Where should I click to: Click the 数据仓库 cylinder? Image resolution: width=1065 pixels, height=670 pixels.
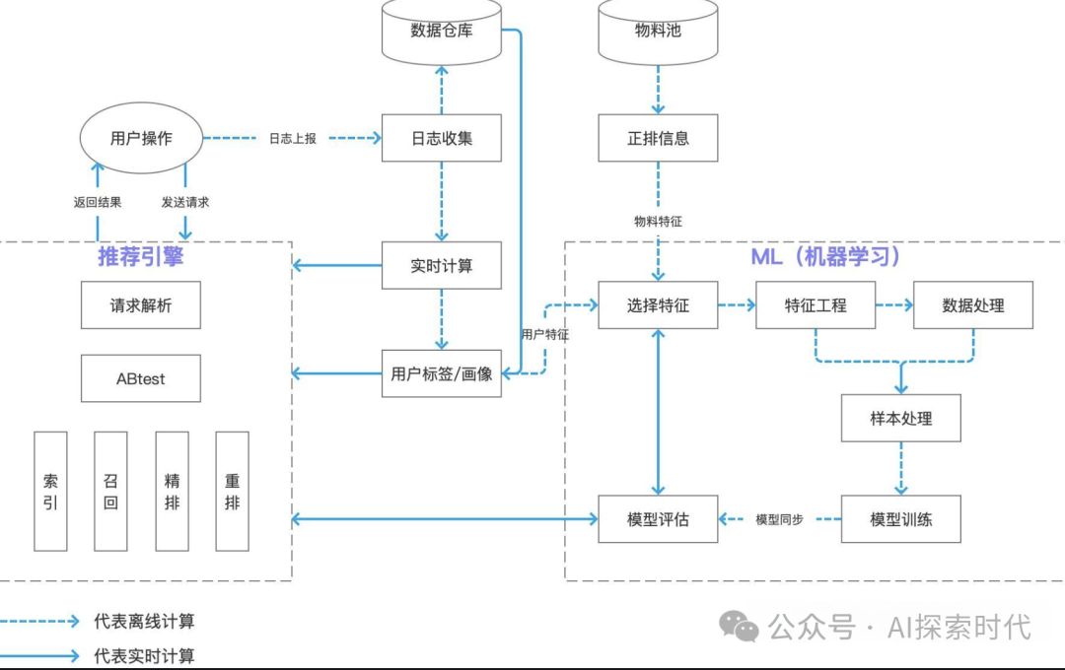point(441,32)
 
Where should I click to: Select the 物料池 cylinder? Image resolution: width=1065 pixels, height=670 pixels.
point(658,32)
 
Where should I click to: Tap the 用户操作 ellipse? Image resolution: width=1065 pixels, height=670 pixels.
point(141,139)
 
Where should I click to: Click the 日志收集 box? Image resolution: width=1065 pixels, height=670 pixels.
point(441,138)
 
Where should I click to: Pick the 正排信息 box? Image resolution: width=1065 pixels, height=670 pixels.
point(658,138)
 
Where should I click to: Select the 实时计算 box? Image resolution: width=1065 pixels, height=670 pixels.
point(441,266)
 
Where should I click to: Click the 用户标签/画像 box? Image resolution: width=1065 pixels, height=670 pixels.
point(441,373)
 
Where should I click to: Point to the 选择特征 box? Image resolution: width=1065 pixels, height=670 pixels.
point(658,305)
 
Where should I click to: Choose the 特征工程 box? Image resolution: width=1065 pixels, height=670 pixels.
point(816,305)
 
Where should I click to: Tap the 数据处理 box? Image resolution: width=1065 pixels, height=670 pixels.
point(973,305)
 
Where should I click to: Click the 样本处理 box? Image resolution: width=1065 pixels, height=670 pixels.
point(900,419)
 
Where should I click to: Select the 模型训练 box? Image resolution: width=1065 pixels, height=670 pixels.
point(900,519)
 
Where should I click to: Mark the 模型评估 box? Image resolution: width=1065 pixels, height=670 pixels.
point(658,519)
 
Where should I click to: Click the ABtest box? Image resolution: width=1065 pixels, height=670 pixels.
point(141,378)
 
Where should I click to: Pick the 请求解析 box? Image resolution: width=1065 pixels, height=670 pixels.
point(141,305)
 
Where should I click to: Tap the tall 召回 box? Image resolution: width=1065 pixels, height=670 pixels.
point(110,491)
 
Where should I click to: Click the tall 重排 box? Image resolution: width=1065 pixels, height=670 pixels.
point(232,491)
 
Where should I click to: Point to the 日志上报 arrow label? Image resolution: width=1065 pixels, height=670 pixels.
point(292,139)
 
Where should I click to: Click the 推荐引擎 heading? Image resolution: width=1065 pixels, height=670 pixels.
point(141,257)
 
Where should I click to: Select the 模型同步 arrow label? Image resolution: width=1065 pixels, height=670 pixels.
point(779,519)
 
